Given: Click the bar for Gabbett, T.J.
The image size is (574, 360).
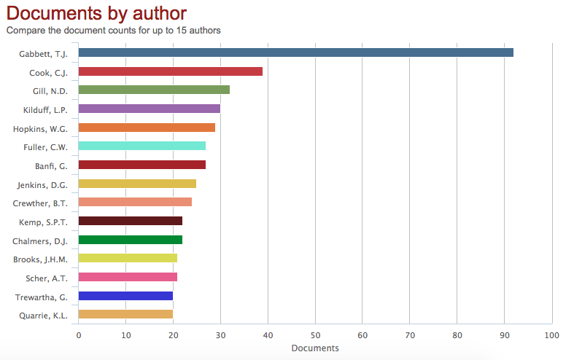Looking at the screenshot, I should coord(295,52).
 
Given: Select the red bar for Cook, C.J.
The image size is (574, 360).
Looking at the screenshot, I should coord(170,71).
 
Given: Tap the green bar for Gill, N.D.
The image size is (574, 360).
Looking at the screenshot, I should coord(154,90).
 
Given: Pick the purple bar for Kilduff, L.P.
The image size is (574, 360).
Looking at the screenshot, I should coord(149,109).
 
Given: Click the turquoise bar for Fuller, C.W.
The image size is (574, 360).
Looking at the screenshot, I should coord(141,146).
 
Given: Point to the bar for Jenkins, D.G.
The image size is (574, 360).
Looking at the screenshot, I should coord(137,184).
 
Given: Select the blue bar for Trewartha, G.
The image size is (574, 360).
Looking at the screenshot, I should coord(125,296).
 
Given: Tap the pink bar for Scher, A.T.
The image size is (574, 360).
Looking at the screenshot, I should coord(128,277).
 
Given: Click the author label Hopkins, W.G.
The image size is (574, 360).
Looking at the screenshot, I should coord(40,128).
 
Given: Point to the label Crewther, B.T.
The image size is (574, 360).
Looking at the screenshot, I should coord(40,203).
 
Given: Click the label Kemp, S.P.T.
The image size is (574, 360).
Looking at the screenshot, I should coord(44,222).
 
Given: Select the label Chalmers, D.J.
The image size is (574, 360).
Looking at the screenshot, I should coord(40,240).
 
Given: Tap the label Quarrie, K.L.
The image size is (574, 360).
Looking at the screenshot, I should coord(43,316).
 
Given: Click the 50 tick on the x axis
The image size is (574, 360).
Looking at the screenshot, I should coord(315,335).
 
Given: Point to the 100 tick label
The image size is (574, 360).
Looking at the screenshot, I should coord(551,335).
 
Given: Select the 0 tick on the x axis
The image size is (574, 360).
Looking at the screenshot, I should coord(79,335).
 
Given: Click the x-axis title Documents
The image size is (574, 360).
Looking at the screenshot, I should coord(315,348).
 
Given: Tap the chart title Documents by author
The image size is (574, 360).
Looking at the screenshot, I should coord(96,13).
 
